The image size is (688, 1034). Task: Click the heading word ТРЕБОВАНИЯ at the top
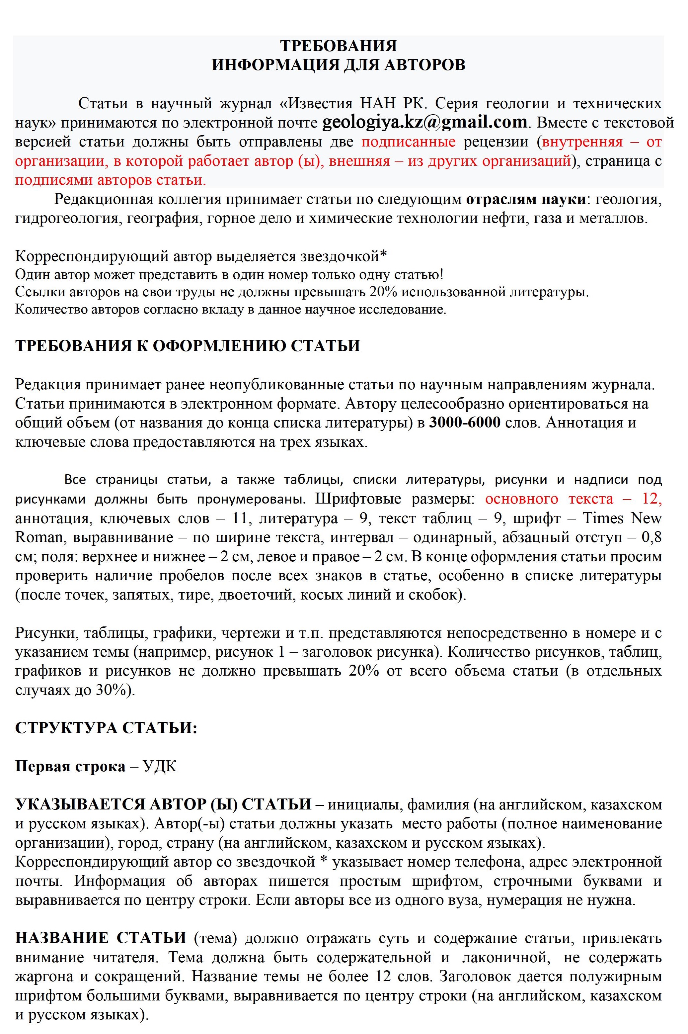338,46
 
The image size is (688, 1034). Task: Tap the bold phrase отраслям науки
526,199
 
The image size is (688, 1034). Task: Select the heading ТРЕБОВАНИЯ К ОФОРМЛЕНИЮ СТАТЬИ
188,345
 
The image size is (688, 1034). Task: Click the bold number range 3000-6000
465,423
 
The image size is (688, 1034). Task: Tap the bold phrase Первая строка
70,767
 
